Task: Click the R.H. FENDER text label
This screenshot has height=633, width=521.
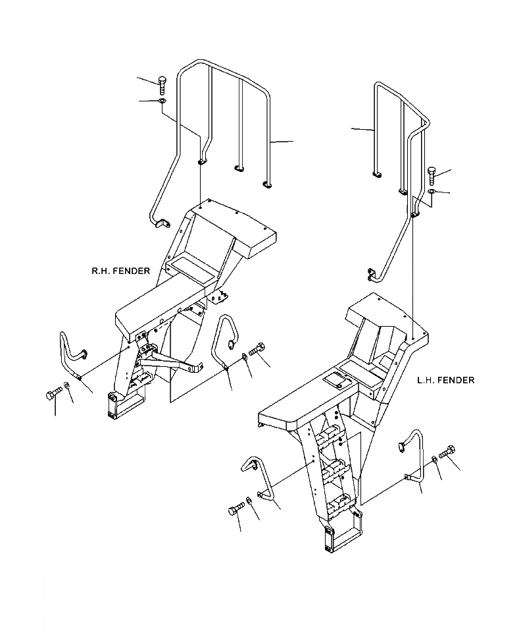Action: (x=120, y=271)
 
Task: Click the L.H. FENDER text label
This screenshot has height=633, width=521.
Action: (x=445, y=380)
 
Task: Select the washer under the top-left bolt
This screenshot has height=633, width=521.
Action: (x=162, y=101)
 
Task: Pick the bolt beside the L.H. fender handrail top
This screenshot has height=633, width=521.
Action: (x=432, y=175)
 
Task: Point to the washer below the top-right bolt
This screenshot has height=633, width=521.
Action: (x=431, y=192)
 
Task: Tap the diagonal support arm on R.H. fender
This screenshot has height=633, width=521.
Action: (x=168, y=360)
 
